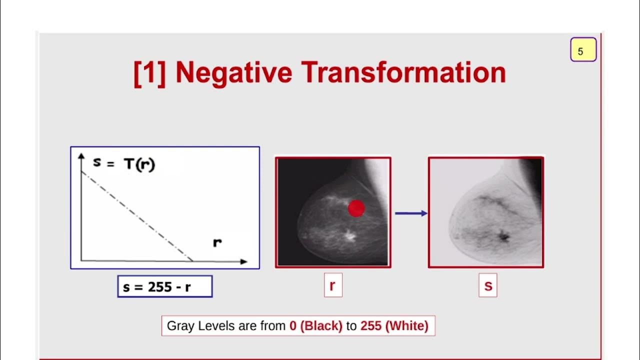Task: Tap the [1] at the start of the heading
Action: [149, 73]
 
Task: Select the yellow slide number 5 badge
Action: [583, 50]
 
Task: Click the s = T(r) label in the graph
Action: [124, 163]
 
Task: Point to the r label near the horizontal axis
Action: [217, 243]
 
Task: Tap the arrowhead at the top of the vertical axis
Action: [81, 156]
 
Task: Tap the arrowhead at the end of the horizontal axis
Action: [243, 261]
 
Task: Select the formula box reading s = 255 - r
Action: [165, 287]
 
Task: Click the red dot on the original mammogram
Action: [356, 208]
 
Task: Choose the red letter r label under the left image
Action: [333, 285]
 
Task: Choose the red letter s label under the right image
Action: [488, 285]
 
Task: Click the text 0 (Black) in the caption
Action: [316, 326]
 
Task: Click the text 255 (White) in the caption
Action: [394, 326]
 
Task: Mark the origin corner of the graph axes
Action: [81, 260]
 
